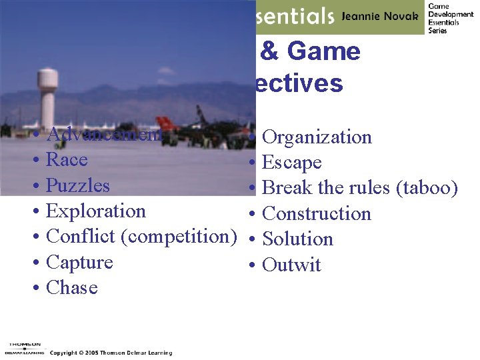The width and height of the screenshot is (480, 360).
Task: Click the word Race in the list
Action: click(x=67, y=160)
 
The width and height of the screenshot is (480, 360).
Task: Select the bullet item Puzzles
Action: click(x=78, y=185)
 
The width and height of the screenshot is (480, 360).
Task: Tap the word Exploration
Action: click(x=96, y=211)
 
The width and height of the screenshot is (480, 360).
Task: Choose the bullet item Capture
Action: click(x=79, y=263)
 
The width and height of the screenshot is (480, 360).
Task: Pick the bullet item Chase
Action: click(x=72, y=288)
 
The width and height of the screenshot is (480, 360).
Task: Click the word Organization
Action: click(x=317, y=137)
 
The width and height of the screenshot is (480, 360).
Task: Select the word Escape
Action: click(x=292, y=163)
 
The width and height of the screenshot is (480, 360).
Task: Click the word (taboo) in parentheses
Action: click(x=427, y=188)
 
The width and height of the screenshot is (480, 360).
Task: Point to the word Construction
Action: click(x=317, y=214)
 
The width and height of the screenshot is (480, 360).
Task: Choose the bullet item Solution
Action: click(x=297, y=239)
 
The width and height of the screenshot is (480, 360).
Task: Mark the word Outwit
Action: click(x=291, y=265)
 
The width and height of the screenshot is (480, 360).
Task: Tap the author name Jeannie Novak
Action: click(x=380, y=16)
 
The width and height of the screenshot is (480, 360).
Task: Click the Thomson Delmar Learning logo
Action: click(x=24, y=348)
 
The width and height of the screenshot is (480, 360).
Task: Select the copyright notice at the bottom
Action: click(x=111, y=353)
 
